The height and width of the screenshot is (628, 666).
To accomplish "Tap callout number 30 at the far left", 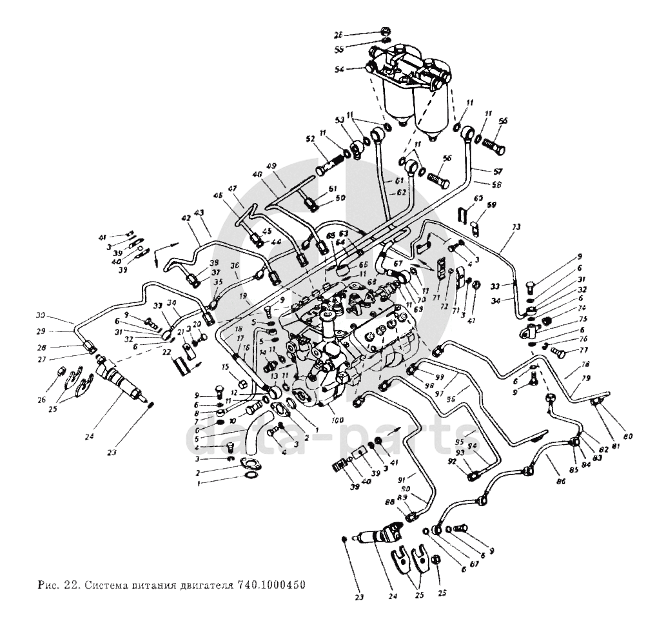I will (59, 315).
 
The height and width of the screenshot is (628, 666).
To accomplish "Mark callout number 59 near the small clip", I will (493, 206).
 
